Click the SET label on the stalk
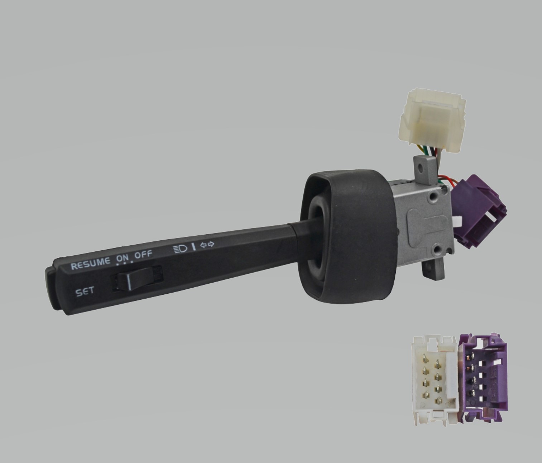tap(85, 292)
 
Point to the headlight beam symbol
tap(180, 249)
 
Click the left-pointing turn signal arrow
tap(203, 245)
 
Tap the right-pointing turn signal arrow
tap(211, 244)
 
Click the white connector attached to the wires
tap(432, 120)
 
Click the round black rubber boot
tap(347, 236)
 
